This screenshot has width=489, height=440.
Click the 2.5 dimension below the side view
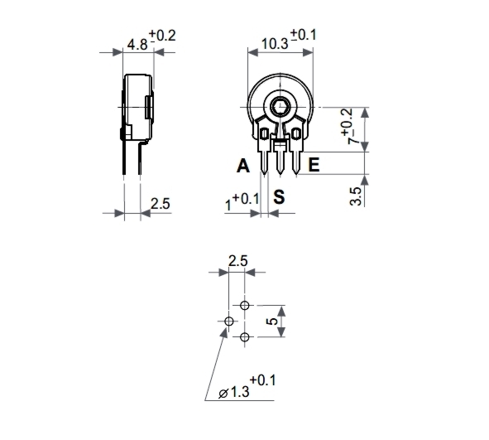(x=161, y=203)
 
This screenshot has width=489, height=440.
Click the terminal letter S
(x=280, y=196)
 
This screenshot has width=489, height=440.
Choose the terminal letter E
(x=314, y=167)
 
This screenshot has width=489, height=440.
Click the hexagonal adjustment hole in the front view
(x=281, y=105)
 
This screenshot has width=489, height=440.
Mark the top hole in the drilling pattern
(x=245, y=306)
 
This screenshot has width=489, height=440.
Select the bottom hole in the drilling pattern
(x=245, y=336)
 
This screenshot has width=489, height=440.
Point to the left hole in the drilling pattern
(x=229, y=322)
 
